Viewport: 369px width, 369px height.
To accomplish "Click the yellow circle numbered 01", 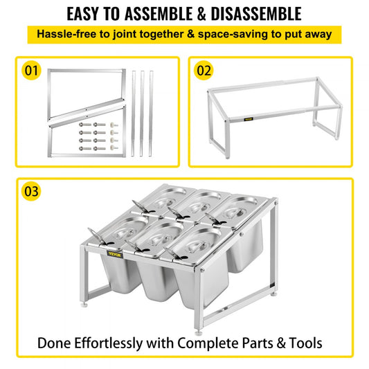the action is pos(31,71).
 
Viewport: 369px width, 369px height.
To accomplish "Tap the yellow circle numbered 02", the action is pos(204,71).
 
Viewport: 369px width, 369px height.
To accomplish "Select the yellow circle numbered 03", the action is pos(31,191).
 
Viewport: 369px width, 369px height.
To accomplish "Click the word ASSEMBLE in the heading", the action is pos(158,14).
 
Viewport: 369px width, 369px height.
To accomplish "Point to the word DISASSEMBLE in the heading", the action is pos(256,14).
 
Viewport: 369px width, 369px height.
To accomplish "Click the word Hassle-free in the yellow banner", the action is pos(66,34).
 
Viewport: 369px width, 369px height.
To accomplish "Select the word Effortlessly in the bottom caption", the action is pos(109,343).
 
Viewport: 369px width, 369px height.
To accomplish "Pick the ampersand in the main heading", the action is pos(201,14).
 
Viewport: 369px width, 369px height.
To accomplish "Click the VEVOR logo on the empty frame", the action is pos(249,119).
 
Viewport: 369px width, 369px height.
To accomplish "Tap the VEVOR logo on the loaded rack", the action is pos(115,254).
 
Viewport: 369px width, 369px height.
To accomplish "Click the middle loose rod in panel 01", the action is pos(142,114).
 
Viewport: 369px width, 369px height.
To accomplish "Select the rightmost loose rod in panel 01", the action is pos(151,114).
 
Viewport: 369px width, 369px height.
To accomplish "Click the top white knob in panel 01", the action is pos(114,125).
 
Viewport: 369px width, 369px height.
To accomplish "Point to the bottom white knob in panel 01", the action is pos(114,147).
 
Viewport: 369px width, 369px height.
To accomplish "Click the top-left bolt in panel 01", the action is pos(85,125).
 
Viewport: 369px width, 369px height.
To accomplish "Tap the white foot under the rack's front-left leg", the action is pos(84,305).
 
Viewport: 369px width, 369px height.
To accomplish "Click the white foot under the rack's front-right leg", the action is pos(199,332).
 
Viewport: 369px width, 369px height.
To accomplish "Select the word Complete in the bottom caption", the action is pos(208,343).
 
